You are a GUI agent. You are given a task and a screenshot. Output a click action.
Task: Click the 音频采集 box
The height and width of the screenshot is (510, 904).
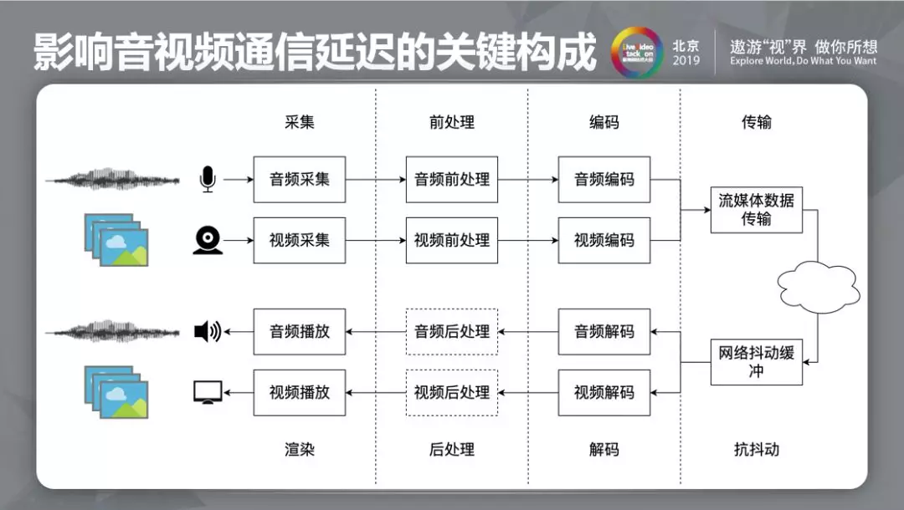point(299,179)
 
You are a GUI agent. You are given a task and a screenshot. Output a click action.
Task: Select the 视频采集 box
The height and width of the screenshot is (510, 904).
point(299,240)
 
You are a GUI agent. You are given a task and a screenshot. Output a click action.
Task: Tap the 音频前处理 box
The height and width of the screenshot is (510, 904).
point(451,179)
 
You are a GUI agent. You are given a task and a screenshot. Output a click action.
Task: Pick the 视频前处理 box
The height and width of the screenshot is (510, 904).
point(451,240)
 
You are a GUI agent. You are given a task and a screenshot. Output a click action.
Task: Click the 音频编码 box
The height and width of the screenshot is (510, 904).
point(604,179)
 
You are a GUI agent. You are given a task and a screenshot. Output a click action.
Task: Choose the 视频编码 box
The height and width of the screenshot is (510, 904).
point(604,240)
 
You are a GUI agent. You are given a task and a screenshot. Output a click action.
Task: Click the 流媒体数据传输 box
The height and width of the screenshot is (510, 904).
point(756,209)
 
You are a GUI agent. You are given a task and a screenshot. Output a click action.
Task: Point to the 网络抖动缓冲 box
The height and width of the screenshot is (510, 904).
point(756,361)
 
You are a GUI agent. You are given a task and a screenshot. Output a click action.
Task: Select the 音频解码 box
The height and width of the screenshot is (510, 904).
point(604,331)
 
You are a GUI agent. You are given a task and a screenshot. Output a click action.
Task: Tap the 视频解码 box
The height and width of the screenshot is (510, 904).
point(604,392)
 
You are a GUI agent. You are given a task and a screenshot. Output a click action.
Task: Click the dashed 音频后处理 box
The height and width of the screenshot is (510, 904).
point(451,331)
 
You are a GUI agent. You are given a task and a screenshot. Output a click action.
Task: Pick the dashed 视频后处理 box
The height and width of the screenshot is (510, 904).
point(451,392)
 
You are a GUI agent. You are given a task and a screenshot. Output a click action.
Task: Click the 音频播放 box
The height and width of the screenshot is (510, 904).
point(299,331)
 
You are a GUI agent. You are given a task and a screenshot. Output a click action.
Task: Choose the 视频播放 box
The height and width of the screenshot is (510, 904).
point(299,392)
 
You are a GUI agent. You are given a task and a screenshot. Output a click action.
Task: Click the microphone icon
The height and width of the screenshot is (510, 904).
point(208,179)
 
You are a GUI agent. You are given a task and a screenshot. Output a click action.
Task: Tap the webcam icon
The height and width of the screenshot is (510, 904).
point(208,240)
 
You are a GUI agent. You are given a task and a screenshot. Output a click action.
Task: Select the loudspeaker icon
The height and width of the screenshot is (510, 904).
point(207,332)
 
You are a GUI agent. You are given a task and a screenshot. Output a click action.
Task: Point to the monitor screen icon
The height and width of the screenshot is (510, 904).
point(208,392)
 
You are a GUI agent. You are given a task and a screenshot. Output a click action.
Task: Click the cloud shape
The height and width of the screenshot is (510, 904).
point(817,285)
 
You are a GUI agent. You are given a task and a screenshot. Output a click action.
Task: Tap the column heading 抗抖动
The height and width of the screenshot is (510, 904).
point(756,449)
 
